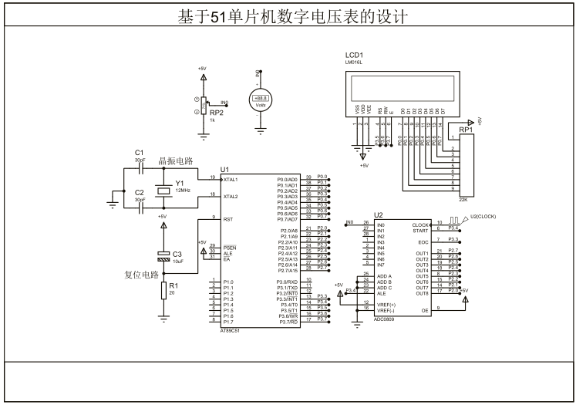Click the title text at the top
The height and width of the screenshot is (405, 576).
pos(287,15)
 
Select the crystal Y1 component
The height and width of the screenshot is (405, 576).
pos(163,191)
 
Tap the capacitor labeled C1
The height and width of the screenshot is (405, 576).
pos(140,164)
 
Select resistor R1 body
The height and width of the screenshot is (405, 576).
pos(163,292)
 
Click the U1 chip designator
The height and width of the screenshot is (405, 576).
pos(224,169)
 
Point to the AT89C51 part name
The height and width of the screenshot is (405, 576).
pos(231,328)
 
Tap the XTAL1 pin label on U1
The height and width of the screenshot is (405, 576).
pos(231,179)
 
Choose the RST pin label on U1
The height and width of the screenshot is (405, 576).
pos(227,219)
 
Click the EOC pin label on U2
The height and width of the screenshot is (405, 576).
pos(423,241)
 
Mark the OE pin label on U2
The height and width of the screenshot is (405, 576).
pos(424,309)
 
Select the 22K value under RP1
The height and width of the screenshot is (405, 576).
pos(463,199)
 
